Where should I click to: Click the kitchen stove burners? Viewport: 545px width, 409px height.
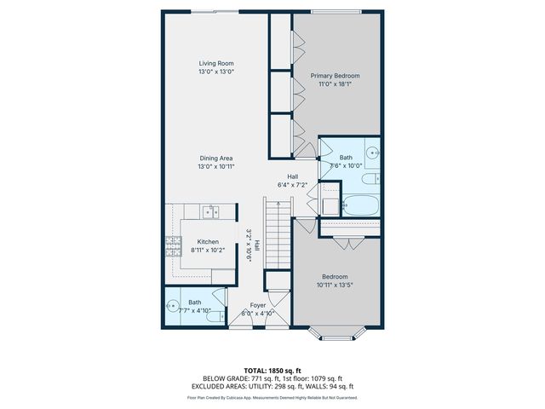[173, 247]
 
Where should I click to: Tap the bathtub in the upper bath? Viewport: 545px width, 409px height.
[359, 204]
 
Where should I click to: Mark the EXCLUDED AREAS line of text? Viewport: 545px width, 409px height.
[272, 386]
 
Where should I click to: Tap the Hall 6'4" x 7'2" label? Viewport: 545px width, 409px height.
[292, 181]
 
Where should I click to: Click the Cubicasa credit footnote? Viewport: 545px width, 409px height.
[272, 397]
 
